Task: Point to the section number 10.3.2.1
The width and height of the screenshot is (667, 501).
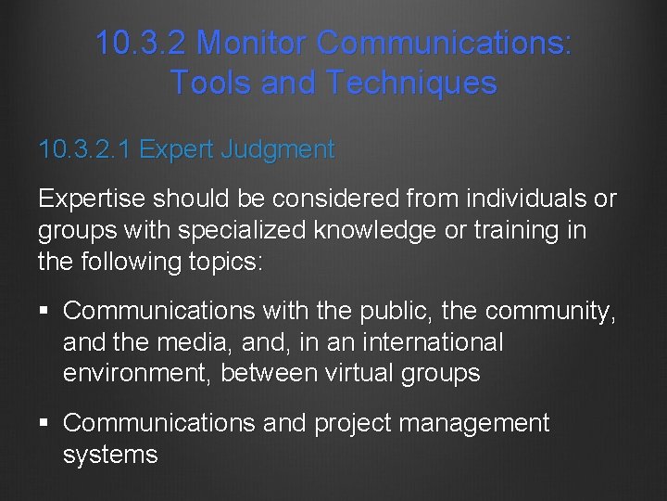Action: click(x=85, y=149)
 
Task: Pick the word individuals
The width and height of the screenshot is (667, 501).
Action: click(x=515, y=199)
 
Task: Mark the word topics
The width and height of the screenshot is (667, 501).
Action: click(x=228, y=261)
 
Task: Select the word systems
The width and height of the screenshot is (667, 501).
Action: click(x=110, y=455)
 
